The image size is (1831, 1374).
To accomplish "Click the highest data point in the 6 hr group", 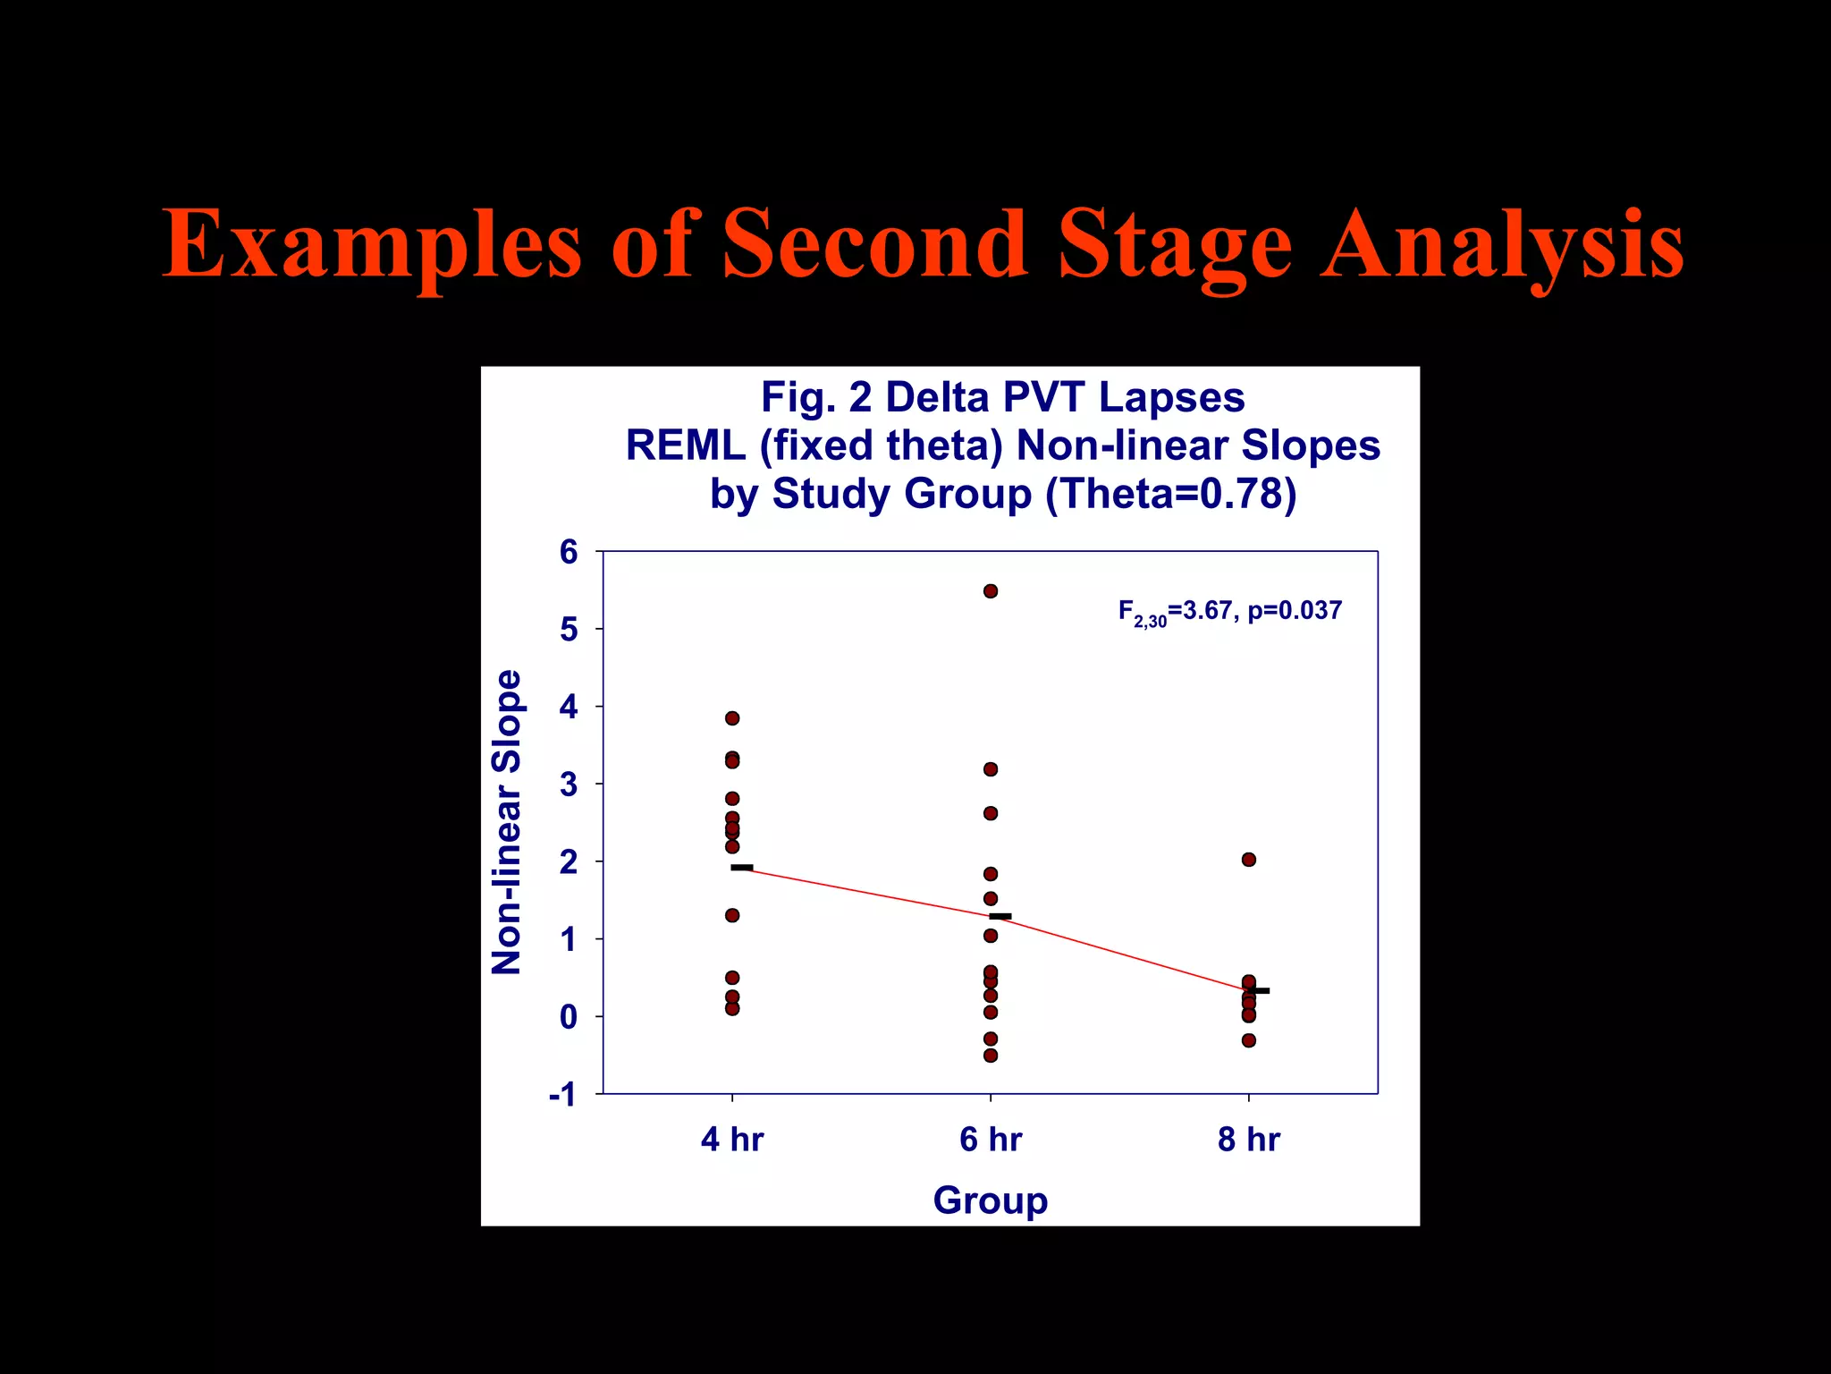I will pyautogui.click(x=991, y=591).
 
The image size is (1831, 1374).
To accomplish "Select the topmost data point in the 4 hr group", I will pyautogui.click(x=732, y=718).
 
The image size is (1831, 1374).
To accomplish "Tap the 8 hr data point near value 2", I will pyautogui.click(x=1249, y=860).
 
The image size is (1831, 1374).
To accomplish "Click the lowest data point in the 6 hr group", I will pyautogui.click(x=991, y=1056).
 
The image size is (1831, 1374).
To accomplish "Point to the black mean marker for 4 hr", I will pyautogui.click(x=742, y=868).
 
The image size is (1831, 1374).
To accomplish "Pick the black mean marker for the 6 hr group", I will pyautogui.click(x=1000, y=916).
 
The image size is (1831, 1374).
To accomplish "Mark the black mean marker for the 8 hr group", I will pyautogui.click(x=1258, y=991).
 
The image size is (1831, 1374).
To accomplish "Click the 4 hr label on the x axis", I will pyautogui.click(x=732, y=1140).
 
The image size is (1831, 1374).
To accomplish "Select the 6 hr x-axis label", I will pyautogui.click(x=991, y=1140).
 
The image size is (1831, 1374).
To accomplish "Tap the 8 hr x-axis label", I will pyautogui.click(x=1249, y=1140).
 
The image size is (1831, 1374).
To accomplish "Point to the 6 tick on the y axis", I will pyautogui.click(x=569, y=552).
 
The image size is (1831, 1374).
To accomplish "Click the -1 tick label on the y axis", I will pyautogui.click(x=563, y=1094).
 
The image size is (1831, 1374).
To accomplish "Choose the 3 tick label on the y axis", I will pyautogui.click(x=569, y=785).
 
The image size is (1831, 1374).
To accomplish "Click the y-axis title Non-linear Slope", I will pyautogui.click(x=508, y=822).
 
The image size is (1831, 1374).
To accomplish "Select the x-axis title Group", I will pyautogui.click(x=991, y=1200).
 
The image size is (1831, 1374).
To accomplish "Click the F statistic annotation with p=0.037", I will pyautogui.click(x=1230, y=612).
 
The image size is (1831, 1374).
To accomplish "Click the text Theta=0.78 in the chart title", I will pyautogui.click(x=1171, y=494).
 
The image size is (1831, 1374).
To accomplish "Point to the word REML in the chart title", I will pyautogui.click(x=685, y=445).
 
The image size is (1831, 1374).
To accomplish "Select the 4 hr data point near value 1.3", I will pyautogui.click(x=732, y=915).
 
